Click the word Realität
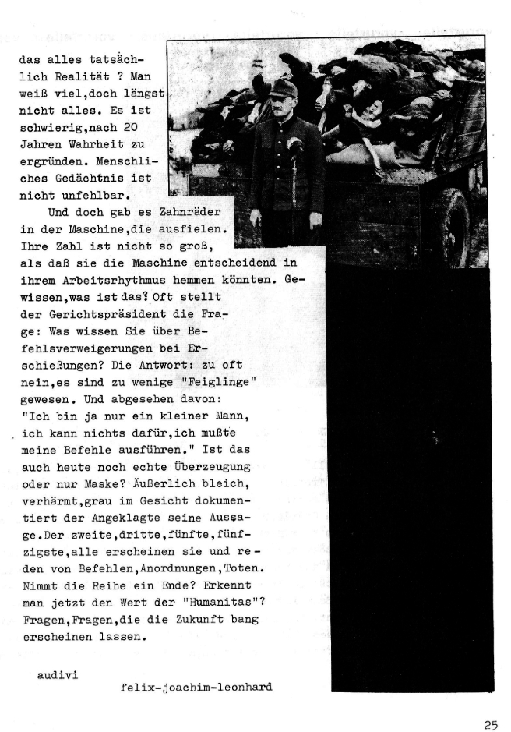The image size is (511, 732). (79, 76)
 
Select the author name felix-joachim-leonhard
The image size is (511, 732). (197, 687)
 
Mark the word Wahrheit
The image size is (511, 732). (121, 144)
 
